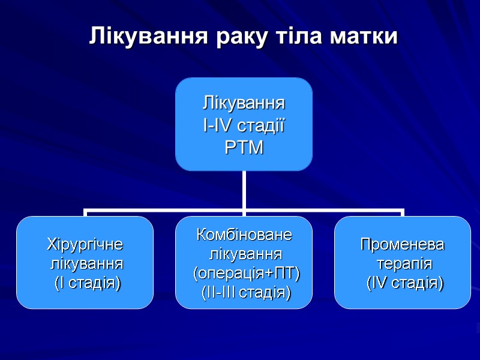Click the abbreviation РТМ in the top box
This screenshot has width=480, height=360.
pyautogui.click(x=244, y=147)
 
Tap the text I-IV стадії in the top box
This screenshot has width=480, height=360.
pyautogui.click(x=244, y=125)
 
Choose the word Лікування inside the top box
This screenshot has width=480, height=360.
pyautogui.click(x=244, y=104)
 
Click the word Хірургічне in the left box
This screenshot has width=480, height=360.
pyautogui.click(x=85, y=245)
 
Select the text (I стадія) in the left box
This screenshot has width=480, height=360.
pyautogui.click(x=85, y=283)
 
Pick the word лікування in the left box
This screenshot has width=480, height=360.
pyautogui.click(x=85, y=263)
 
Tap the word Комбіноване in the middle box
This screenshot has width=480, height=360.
pyautogui.click(x=244, y=235)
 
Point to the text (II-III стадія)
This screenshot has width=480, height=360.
pyautogui.click(x=244, y=293)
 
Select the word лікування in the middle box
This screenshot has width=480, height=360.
pyautogui.click(x=244, y=254)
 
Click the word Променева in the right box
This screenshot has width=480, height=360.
pyautogui.click(x=403, y=245)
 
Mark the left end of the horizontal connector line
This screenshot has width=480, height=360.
pyautogui.click(x=86, y=211)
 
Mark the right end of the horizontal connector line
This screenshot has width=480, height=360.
pyautogui.click(x=403, y=211)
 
